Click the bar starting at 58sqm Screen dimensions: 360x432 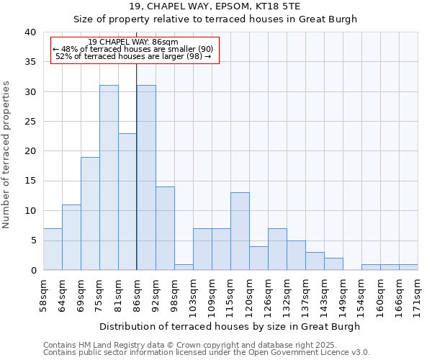[53, 249]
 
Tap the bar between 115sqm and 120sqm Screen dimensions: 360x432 [240, 231]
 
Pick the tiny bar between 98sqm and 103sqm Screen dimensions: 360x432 [184, 267]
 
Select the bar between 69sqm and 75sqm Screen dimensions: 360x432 [90, 214]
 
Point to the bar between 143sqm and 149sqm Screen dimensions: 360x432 [333, 264]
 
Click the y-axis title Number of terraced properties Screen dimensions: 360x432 [7, 155]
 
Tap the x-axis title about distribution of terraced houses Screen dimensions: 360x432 [230, 326]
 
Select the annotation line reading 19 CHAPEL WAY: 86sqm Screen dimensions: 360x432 [132, 42]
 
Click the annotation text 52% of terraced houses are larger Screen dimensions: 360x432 [132, 56]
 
